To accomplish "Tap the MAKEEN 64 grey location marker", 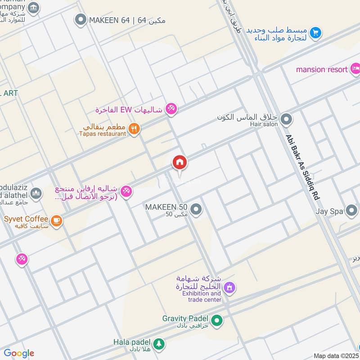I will [81, 19].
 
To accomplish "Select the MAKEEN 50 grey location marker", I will [196, 209].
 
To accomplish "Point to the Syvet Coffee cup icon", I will [57, 220].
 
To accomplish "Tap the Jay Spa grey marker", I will [351, 210].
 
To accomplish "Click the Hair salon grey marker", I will [286, 120].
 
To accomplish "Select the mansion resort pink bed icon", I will [355, 69].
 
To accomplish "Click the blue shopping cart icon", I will [315, 32].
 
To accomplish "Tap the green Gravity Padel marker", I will [217, 321].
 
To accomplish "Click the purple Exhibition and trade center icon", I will [229, 287].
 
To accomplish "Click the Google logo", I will [19, 353].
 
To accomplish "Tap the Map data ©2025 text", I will [335, 355].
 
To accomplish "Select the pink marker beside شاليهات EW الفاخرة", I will [171, 108].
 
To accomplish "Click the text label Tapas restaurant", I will [103, 134].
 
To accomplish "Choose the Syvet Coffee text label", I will [26, 219].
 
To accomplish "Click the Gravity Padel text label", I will [186, 318].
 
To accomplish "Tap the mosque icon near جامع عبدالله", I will [36, 193].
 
